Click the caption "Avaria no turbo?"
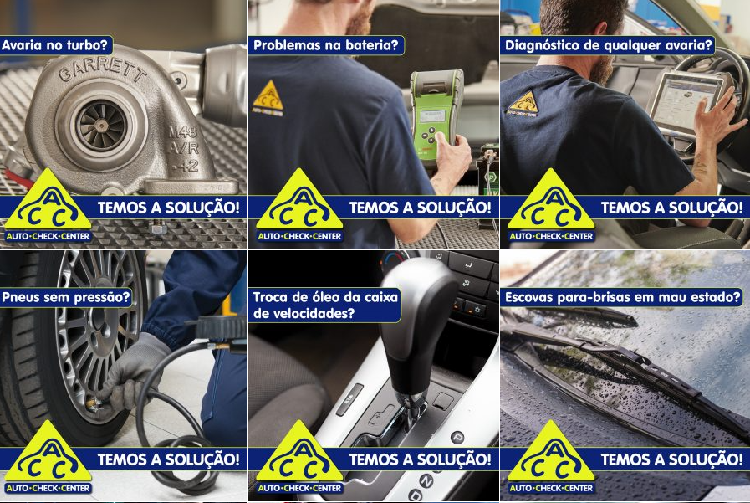coord(55,45)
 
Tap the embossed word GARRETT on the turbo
coord(102,71)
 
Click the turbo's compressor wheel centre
coord(101,126)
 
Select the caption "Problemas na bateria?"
coord(326,45)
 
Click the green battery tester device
coord(436,115)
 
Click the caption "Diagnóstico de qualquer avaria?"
coord(609,45)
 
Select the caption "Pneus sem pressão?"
coord(65,297)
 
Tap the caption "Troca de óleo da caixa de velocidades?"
coord(325,305)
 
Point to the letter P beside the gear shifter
coord(457,437)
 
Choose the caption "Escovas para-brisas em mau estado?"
coord(622,297)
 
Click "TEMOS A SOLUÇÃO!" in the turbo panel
coord(168,208)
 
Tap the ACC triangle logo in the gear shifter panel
coord(299,451)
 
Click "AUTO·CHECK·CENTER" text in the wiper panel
coord(551,488)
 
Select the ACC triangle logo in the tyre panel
coord(48,451)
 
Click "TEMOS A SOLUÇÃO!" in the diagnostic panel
coord(671,208)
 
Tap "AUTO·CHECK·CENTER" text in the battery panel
coord(299,236)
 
